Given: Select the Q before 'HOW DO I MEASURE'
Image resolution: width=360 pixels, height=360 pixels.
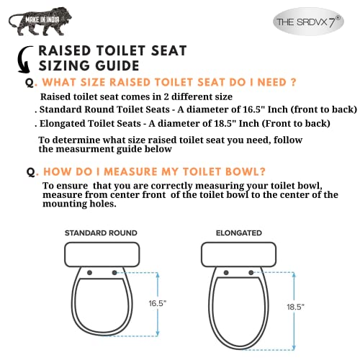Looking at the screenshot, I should point(30,173).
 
